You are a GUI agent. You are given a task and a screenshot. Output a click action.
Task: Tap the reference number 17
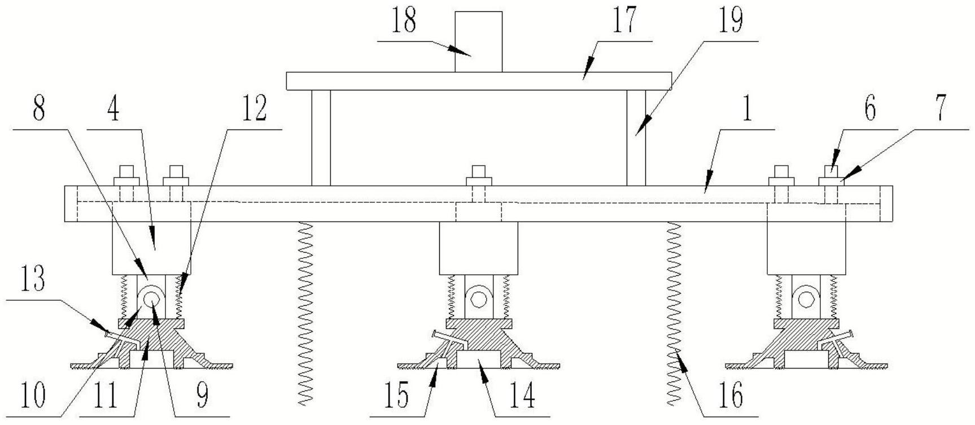(625, 21)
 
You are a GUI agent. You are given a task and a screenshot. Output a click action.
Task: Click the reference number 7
(940, 109)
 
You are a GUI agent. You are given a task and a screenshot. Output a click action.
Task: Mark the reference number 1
(747, 109)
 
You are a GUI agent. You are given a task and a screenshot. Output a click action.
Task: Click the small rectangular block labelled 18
(478, 42)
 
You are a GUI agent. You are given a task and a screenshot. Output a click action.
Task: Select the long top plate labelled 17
(479, 81)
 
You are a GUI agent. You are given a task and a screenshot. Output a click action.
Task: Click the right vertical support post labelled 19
(636, 138)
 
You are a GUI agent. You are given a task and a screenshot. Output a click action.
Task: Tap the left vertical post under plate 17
(321, 138)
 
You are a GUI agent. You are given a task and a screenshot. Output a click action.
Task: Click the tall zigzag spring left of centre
(305, 313)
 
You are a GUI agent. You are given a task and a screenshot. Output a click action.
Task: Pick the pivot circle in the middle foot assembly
(479, 298)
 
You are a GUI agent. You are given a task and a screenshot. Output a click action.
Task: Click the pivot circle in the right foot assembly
(806, 298)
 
